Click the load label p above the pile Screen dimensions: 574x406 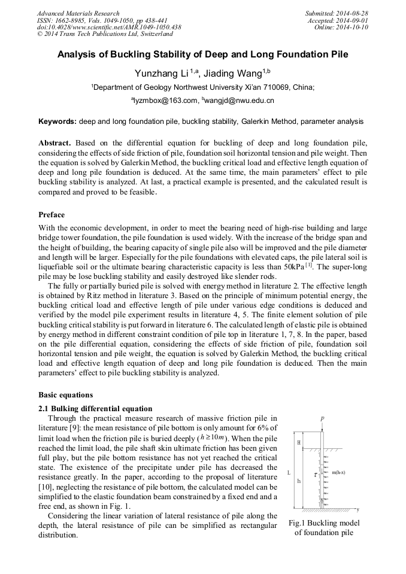pos(322,419)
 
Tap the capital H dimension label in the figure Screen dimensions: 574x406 pos(299,442)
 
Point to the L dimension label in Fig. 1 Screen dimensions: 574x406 pos(289,473)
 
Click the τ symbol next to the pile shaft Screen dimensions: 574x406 pos(316,476)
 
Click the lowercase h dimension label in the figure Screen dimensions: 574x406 pos(299,481)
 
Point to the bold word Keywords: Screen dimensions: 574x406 pos(57,122)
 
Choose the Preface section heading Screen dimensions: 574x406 pos(51,214)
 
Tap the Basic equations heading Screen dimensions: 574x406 pos(66,395)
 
